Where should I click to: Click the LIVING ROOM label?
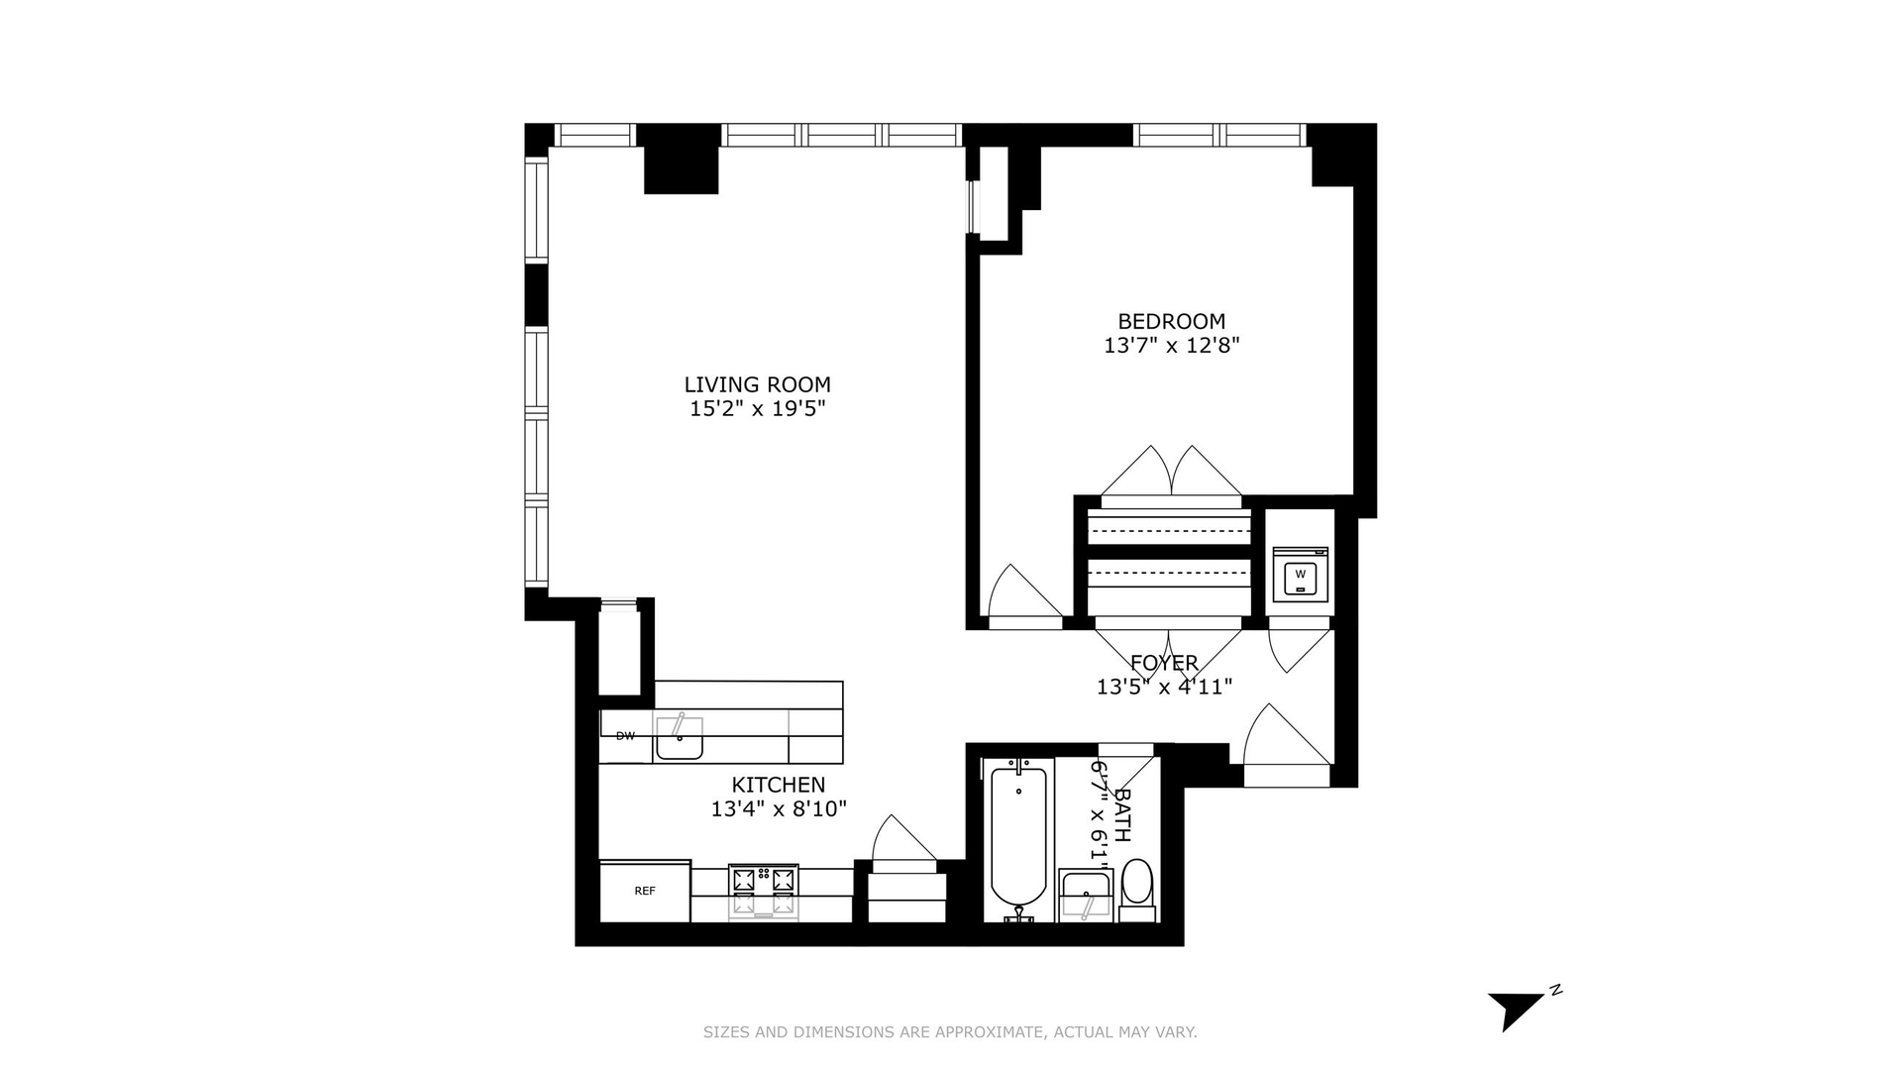757,384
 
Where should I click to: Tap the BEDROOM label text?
1171,321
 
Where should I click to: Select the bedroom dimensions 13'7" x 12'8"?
1172,346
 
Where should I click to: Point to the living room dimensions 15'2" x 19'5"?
757,409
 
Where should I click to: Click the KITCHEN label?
778,785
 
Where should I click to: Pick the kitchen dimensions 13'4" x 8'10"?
779,809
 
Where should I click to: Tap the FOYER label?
1164,663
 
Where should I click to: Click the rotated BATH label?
1122,814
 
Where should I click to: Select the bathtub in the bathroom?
1018,840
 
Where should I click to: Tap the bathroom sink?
1086,895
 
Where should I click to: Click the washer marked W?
1300,574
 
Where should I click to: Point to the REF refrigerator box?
645,891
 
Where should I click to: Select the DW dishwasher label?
625,736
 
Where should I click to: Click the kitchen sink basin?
680,738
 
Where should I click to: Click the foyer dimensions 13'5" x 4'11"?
1164,687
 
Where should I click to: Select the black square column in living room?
681,170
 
